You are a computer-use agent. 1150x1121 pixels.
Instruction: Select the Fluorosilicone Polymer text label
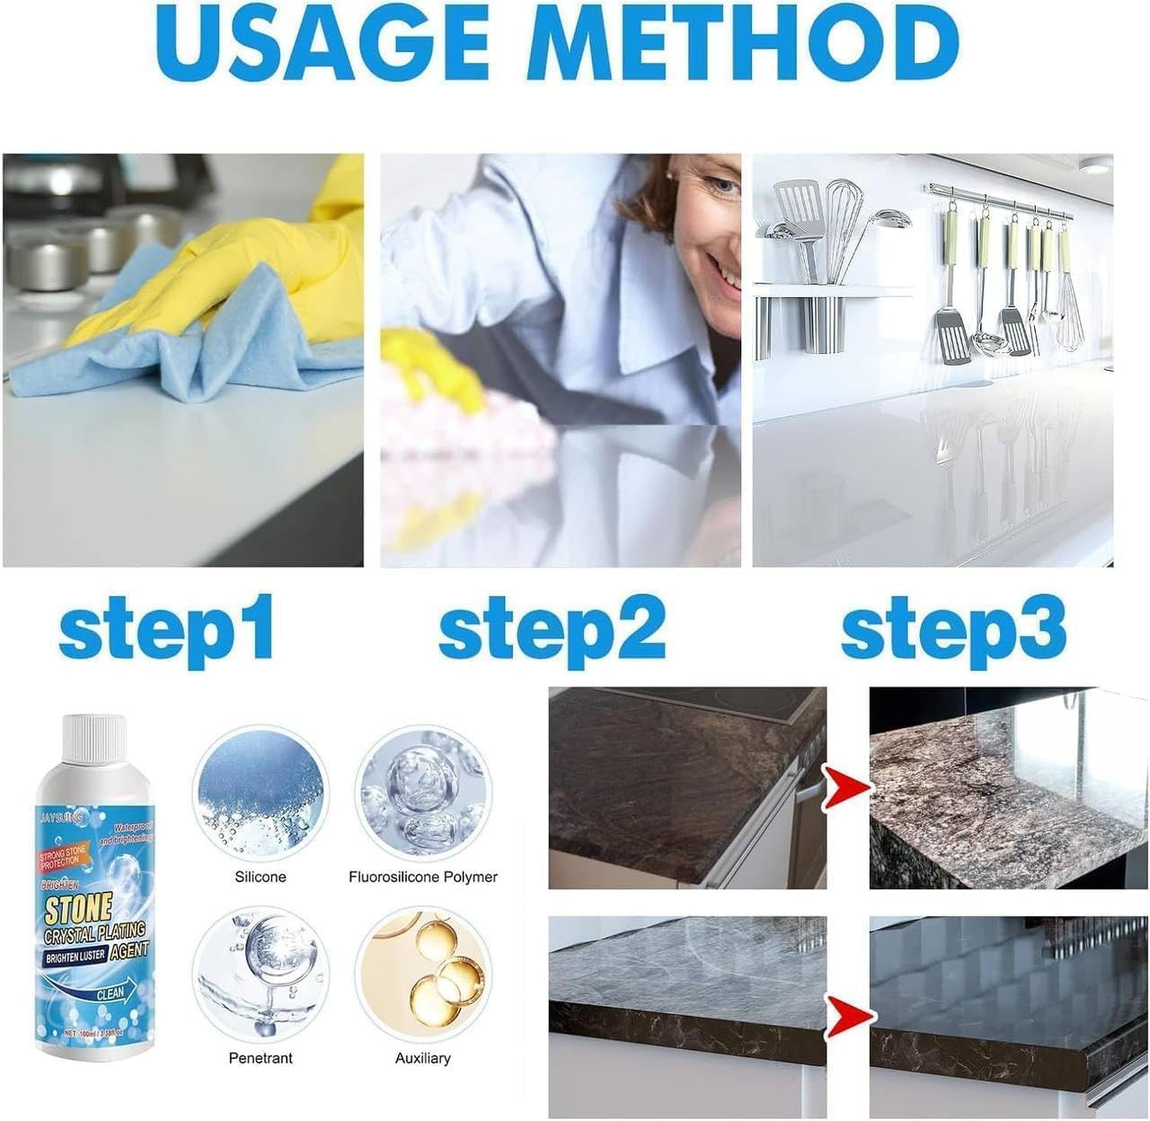pos(422,877)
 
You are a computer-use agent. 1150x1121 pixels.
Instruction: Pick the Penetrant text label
pos(261,1058)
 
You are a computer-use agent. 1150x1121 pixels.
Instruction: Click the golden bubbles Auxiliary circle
pos(422,975)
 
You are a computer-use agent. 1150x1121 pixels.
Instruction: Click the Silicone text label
pos(261,877)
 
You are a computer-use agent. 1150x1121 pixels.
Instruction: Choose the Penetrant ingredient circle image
pos(261,975)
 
